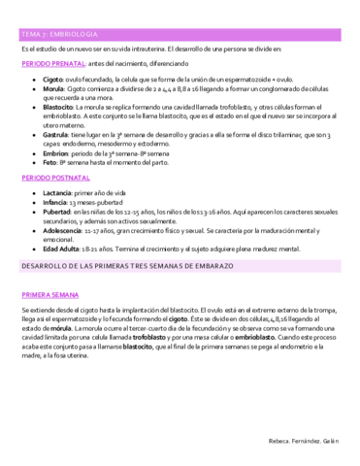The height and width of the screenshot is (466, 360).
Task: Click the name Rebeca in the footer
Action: coord(277,441)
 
